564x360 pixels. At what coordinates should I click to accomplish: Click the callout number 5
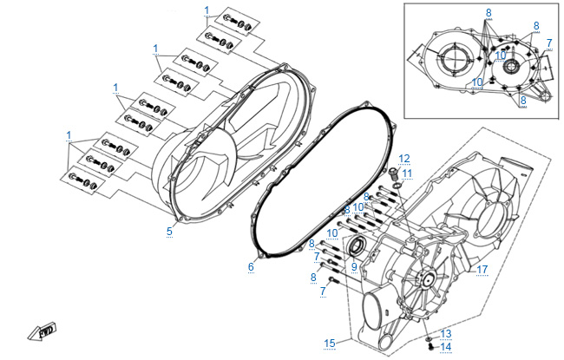[169, 232]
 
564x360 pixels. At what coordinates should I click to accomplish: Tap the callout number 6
[251, 267]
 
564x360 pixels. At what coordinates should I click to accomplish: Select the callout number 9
[354, 267]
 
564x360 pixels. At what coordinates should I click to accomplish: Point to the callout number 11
[407, 173]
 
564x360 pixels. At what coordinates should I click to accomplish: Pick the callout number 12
[404, 159]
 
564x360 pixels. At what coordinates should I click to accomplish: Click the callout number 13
[446, 333]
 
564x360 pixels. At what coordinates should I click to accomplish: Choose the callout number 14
[446, 347]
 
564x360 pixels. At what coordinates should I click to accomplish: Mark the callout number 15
[330, 344]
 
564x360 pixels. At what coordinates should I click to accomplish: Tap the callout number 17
[482, 270]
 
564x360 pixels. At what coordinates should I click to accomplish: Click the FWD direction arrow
[43, 331]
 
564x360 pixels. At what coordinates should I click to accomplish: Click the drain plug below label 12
[393, 173]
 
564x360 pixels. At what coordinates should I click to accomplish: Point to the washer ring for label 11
[397, 186]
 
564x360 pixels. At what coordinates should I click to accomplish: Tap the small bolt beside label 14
[430, 346]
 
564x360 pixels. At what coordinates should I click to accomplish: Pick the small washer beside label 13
[429, 339]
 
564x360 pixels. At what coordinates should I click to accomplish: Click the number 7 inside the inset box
[549, 43]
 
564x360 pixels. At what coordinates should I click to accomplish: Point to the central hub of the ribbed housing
[429, 279]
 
